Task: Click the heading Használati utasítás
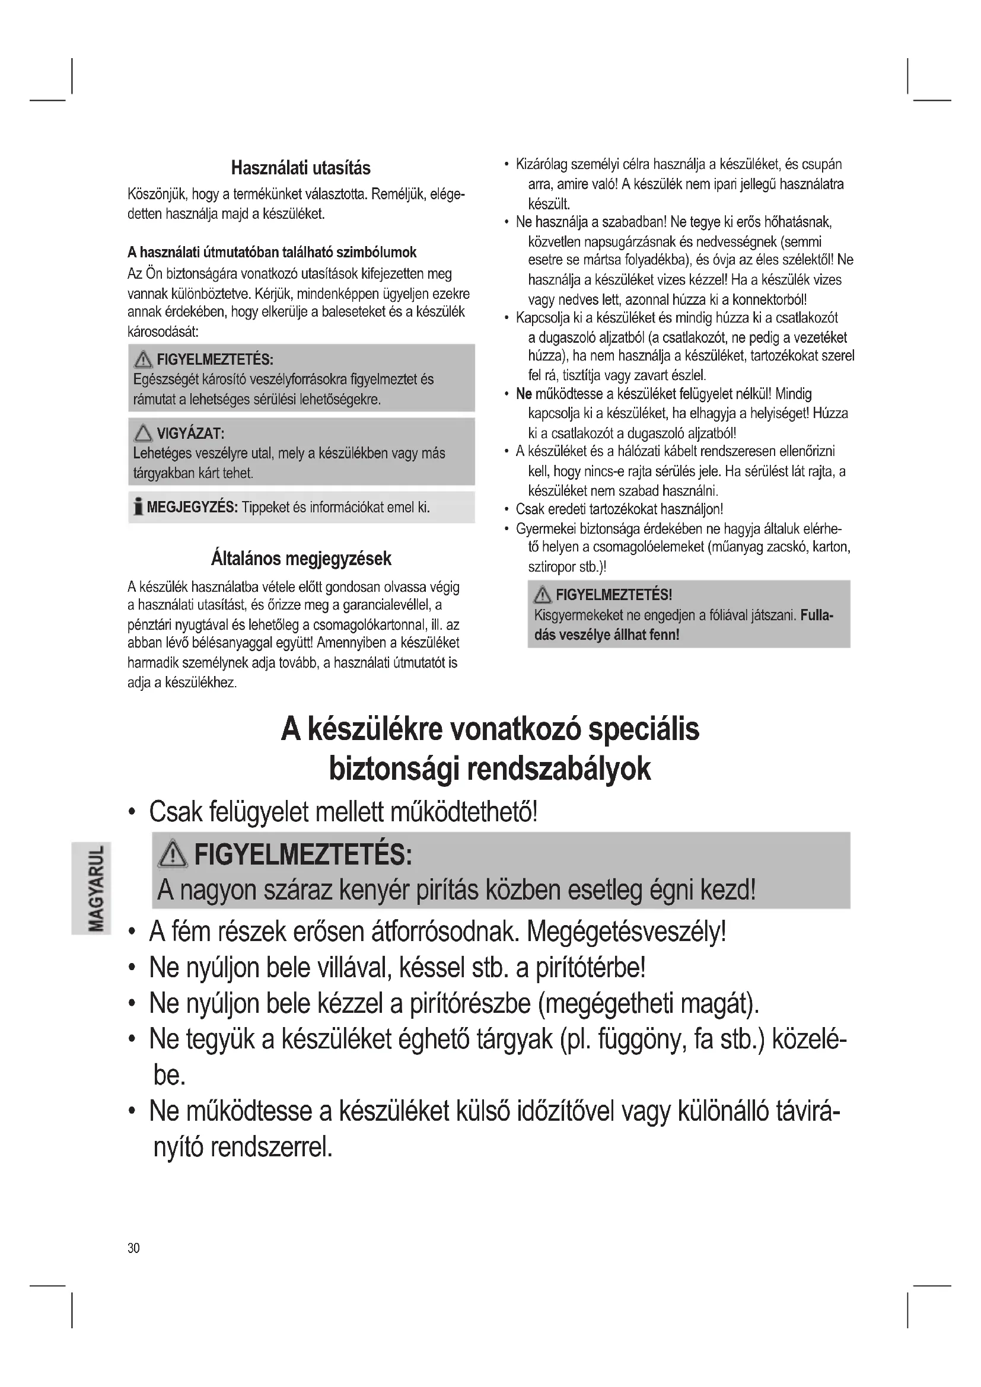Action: click(301, 168)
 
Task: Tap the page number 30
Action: click(133, 1248)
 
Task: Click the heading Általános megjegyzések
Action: click(301, 558)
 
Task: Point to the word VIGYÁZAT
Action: click(190, 433)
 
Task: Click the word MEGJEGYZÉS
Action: click(192, 507)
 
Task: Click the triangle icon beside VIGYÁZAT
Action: click(143, 432)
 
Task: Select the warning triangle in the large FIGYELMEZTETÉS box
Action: click(171, 856)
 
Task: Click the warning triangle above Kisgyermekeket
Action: click(543, 595)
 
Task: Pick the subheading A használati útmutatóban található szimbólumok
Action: click(272, 252)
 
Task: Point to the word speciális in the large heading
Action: click(644, 729)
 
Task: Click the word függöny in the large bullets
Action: click(641, 1040)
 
